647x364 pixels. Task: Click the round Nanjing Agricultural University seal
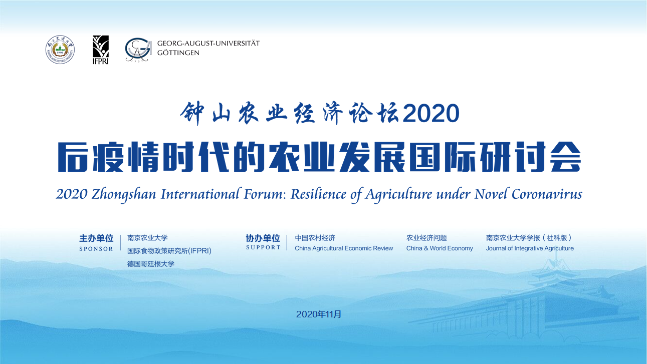(x=60, y=50)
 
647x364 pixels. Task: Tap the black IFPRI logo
(x=101, y=50)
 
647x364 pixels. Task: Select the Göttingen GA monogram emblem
(x=138, y=50)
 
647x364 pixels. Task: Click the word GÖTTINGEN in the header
(x=178, y=53)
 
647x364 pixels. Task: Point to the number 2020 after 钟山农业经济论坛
(x=431, y=113)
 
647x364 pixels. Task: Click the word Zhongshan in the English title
(x=124, y=194)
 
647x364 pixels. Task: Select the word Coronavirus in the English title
(x=547, y=194)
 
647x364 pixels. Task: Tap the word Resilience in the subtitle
(x=318, y=194)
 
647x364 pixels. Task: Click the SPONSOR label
(x=96, y=249)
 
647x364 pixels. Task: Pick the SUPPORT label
(x=263, y=247)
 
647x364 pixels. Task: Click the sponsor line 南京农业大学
(x=147, y=238)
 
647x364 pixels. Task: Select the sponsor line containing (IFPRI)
(x=169, y=251)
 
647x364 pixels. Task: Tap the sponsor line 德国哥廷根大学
(x=151, y=264)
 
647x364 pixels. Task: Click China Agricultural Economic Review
(x=344, y=248)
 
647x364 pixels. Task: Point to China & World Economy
(x=440, y=248)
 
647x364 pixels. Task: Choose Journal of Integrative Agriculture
(x=530, y=248)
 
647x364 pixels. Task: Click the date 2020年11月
(x=319, y=314)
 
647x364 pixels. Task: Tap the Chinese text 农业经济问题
(x=426, y=238)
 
